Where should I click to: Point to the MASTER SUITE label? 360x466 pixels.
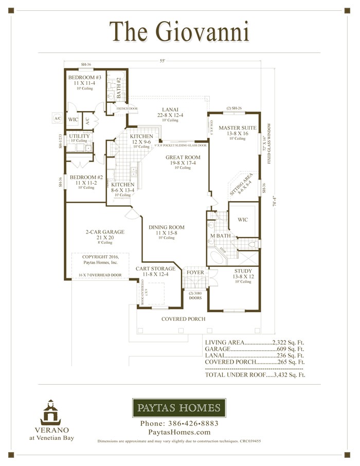tap(234, 128)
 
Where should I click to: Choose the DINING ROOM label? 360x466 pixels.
tap(166, 227)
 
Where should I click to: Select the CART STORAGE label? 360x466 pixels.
tap(155, 269)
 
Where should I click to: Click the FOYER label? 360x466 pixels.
tap(195, 272)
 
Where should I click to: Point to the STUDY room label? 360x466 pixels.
tap(243, 271)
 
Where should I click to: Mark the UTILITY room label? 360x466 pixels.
tap(80, 136)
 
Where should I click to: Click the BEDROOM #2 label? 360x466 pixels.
tap(86, 177)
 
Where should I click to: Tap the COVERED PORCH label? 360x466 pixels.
tap(184, 319)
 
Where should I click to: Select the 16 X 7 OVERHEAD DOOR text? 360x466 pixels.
tap(100, 275)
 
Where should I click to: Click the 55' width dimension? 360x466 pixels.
tap(163, 61)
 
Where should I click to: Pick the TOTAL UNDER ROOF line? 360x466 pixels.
tap(255, 375)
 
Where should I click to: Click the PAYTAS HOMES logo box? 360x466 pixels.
tap(179, 408)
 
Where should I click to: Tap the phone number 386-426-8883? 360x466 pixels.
tap(179, 423)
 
